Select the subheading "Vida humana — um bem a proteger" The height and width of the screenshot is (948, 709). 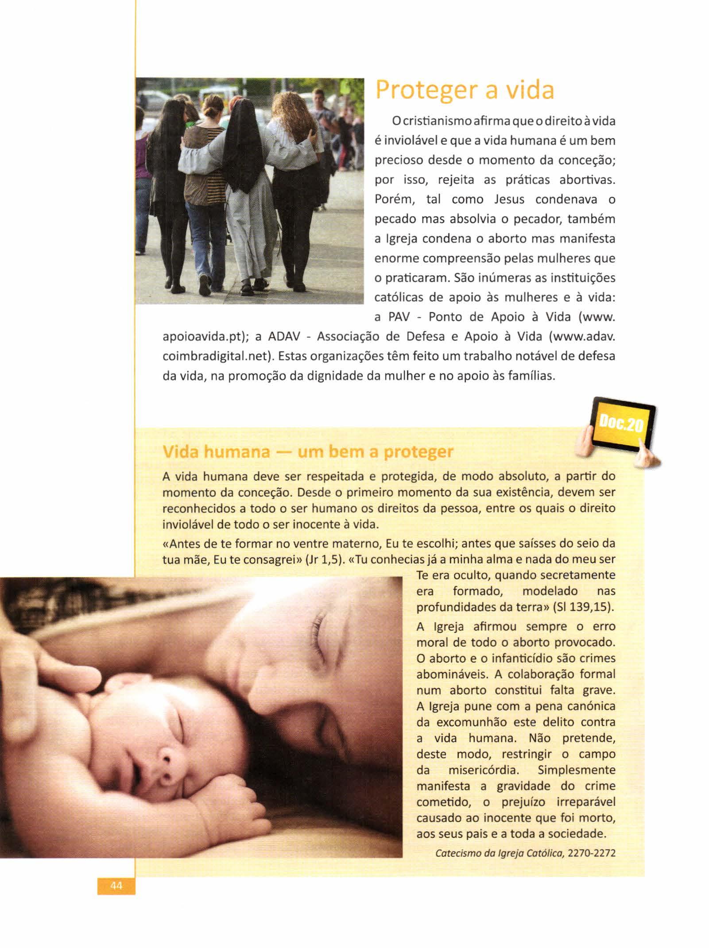[x=308, y=452]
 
